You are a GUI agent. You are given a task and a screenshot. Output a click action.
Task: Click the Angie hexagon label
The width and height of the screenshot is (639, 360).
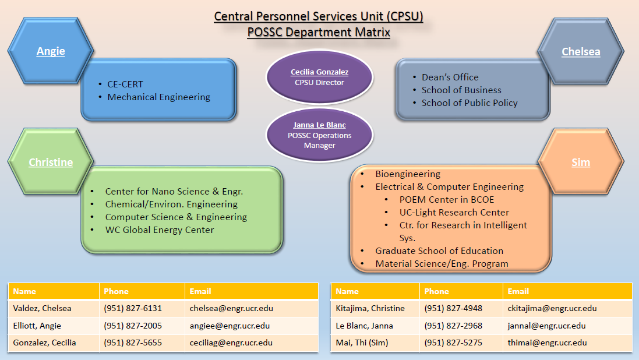[x=51, y=51]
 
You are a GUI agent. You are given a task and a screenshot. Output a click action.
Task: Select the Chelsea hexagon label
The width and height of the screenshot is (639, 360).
[x=581, y=52]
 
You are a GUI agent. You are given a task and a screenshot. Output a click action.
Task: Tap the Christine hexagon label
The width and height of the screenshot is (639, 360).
[x=51, y=163]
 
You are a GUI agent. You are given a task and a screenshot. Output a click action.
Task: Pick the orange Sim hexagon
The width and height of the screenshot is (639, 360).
[x=581, y=163]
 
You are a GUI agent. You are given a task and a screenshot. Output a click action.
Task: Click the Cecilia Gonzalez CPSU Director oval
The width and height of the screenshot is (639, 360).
[x=319, y=77]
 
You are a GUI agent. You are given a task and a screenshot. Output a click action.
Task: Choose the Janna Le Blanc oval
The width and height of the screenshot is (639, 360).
[x=319, y=135]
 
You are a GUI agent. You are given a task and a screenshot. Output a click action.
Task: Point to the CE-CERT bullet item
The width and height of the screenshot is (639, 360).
[x=125, y=84]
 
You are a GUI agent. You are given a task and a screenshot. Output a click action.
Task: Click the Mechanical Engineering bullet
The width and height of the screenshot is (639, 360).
[x=158, y=97]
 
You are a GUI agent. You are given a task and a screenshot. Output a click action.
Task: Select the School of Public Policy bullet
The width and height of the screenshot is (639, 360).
[x=469, y=103]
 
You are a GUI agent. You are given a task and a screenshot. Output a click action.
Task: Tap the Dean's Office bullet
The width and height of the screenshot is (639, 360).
[x=450, y=77]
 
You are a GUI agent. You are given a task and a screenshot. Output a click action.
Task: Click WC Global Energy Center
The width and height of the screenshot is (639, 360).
[x=159, y=230]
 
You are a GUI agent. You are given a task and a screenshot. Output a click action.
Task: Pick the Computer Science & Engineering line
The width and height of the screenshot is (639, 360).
[x=176, y=217]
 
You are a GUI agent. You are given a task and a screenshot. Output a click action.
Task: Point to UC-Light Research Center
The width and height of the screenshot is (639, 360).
[x=454, y=212]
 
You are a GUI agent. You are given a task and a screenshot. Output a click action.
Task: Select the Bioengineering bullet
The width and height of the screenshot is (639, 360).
[x=408, y=174]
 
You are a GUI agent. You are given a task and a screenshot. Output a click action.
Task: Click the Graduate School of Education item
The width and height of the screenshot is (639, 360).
[x=439, y=250]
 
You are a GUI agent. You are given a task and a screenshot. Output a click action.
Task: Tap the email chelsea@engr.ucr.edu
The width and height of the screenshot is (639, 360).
[x=231, y=308]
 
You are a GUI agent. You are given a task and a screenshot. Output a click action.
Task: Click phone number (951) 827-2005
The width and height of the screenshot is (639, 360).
[x=133, y=326]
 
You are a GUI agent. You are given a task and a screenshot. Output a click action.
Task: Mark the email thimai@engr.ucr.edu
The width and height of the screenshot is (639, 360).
[x=547, y=343]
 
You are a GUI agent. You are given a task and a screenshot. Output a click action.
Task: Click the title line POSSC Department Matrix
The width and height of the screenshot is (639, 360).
[x=319, y=32]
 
